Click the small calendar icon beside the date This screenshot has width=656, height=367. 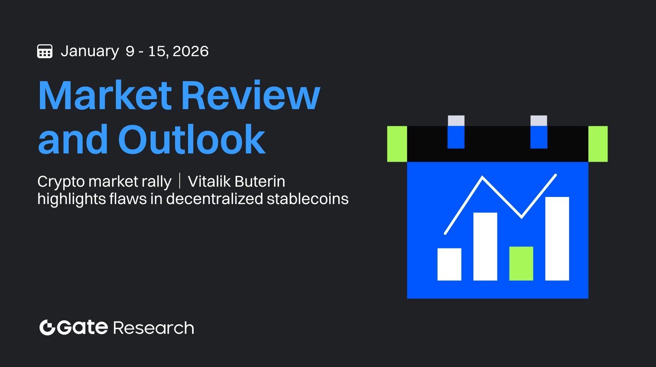pyautogui.click(x=45, y=51)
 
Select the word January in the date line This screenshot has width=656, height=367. pyautogui.click(x=90, y=51)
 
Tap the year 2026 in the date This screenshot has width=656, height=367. pyautogui.click(x=190, y=51)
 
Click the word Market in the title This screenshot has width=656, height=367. pyautogui.click(x=105, y=95)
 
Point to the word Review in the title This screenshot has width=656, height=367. pyautogui.click(x=251, y=95)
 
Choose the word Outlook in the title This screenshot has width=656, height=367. pyautogui.click(x=192, y=139)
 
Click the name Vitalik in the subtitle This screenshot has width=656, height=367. pyautogui.click(x=209, y=181)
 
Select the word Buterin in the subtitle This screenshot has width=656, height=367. pyautogui.click(x=260, y=181)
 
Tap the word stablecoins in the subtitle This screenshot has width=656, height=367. pyautogui.click(x=307, y=199)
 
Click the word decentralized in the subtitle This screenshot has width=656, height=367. pyautogui.click(x=214, y=199)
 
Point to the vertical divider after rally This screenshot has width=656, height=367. pyautogui.click(x=179, y=181)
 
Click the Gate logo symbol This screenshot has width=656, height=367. pyautogui.click(x=47, y=327)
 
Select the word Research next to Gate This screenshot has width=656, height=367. pyautogui.click(x=153, y=328)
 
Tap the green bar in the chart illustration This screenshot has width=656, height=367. pyautogui.click(x=521, y=263)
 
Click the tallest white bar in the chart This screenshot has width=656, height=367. pyautogui.click(x=557, y=238)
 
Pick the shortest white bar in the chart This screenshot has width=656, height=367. pyautogui.click(x=449, y=265)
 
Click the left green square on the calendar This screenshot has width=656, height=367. pyautogui.click(x=397, y=144)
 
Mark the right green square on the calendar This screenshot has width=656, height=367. pyautogui.click(x=598, y=144)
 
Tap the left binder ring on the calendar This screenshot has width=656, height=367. pyautogui.click(x=456, y=132)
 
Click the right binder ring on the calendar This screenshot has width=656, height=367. pyautogui.click(x=539, y=132)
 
